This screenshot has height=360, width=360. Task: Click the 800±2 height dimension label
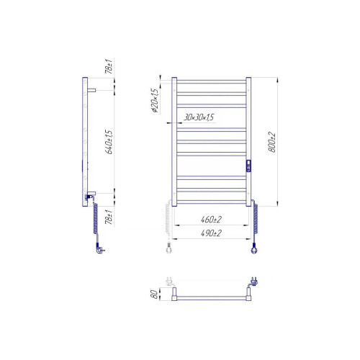coord(271,142)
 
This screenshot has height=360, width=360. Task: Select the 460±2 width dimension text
coord(211,220)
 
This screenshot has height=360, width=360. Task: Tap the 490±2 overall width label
coord(211,233)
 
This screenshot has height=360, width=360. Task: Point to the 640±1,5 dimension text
coord(109,142)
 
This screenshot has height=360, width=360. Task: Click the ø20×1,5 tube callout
coord(155,101)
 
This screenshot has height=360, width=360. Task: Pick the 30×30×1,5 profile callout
coord(199,117)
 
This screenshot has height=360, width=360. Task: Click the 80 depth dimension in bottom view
coord(154,294)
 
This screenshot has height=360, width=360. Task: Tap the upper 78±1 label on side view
coord(109,66)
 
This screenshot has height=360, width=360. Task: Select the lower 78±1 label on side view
coord(109,217)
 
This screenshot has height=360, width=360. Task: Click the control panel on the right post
coord(248,166)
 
